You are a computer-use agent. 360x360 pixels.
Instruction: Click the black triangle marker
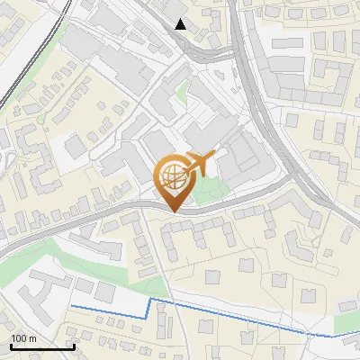pyautogui.click(x=181, y=24)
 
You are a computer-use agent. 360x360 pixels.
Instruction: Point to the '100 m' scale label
pyautogui.click(x=23, y=338)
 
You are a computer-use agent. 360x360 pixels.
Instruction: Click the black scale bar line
pyautogui.click(x=41, y=347)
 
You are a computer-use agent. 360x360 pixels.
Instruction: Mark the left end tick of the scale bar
pyautogui.click(x=10, y=345)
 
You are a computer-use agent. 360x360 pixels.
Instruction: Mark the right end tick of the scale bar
pyautogui.click(x=73, y=345)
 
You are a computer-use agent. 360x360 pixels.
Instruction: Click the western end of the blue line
pyautogui.click(x=71, y=307)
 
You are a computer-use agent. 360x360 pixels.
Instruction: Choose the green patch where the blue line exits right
pyautogui.click(x=347, y=324)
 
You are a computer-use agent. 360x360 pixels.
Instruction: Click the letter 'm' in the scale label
pyautogui.click(x=31, y=338)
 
